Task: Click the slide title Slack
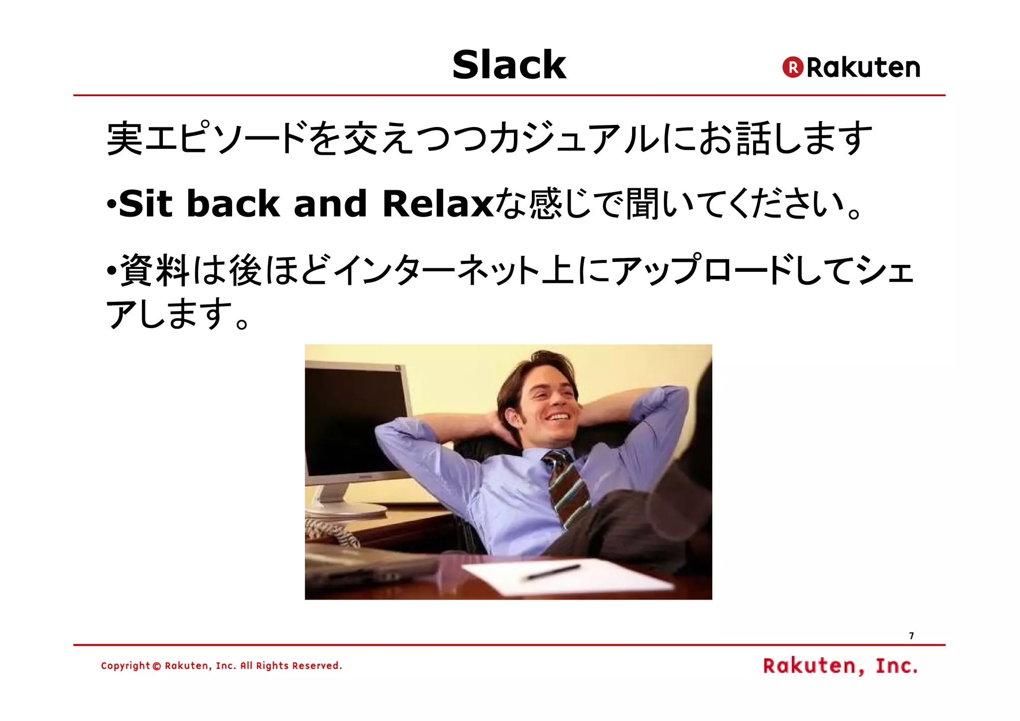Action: tap(509, 65)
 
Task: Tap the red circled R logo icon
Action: tap(793, 67)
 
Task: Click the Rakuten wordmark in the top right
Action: tap(863, 68)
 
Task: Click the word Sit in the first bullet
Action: tap(145, 204)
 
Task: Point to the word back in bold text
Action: tap(233, 204)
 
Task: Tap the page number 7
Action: tap(911, 636)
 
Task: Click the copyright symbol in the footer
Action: tap(157, 666)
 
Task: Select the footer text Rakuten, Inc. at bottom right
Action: tap(840, 666)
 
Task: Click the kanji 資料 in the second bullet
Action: tap(154, 270)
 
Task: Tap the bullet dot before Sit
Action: tap(112, 204)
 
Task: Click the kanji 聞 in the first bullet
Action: tap(642, 204)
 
